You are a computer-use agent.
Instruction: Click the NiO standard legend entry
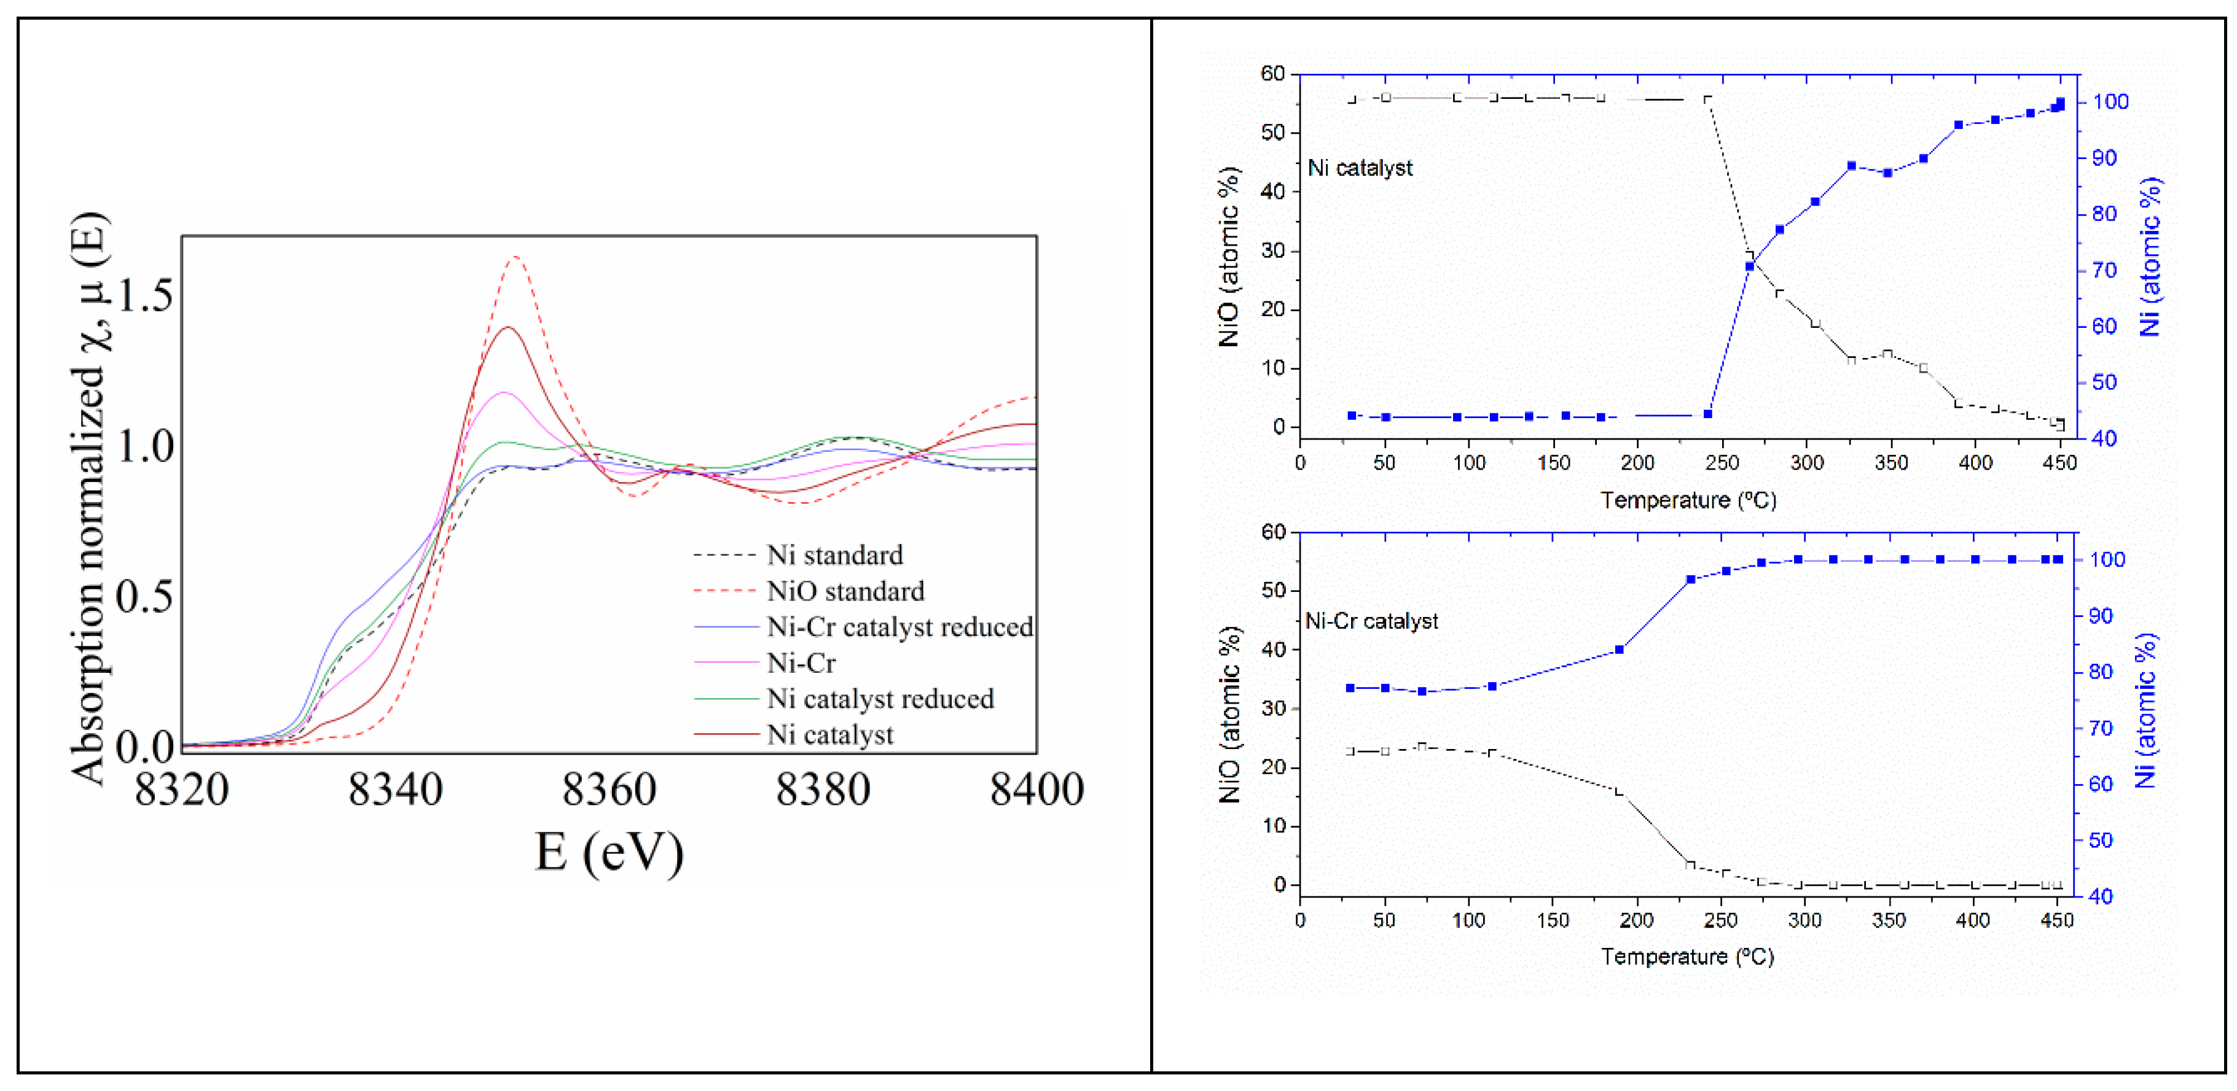pyautogui.click(x=845, y=591)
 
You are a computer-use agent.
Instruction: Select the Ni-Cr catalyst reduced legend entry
pyautogui.click(x=899, y=627)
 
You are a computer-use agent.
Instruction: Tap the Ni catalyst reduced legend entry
pyautogui.click(x=880, y=699)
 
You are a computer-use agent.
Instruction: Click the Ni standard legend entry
pyautogui.click(x=834, y=554)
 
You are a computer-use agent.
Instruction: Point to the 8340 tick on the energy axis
pyautogui.click(x=395, y=790)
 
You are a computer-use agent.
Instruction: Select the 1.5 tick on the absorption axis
pyautogui.click(x=145, y=295)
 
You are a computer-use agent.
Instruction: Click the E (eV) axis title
pyautogui.click(x=609, y=852)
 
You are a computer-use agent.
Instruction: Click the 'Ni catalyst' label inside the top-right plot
pyautogui.click(x=1360, y=168)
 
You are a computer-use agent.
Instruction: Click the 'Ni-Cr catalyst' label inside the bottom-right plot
pyautogui.click(x=1371, y=621)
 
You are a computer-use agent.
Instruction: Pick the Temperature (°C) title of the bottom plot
pyautogui.click(x=1687, y=957)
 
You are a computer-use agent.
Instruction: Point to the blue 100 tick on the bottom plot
pyautogui.click(x=2107, y=560)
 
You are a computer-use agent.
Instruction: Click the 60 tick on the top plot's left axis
pyautogui.click(x=1272, y=74)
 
